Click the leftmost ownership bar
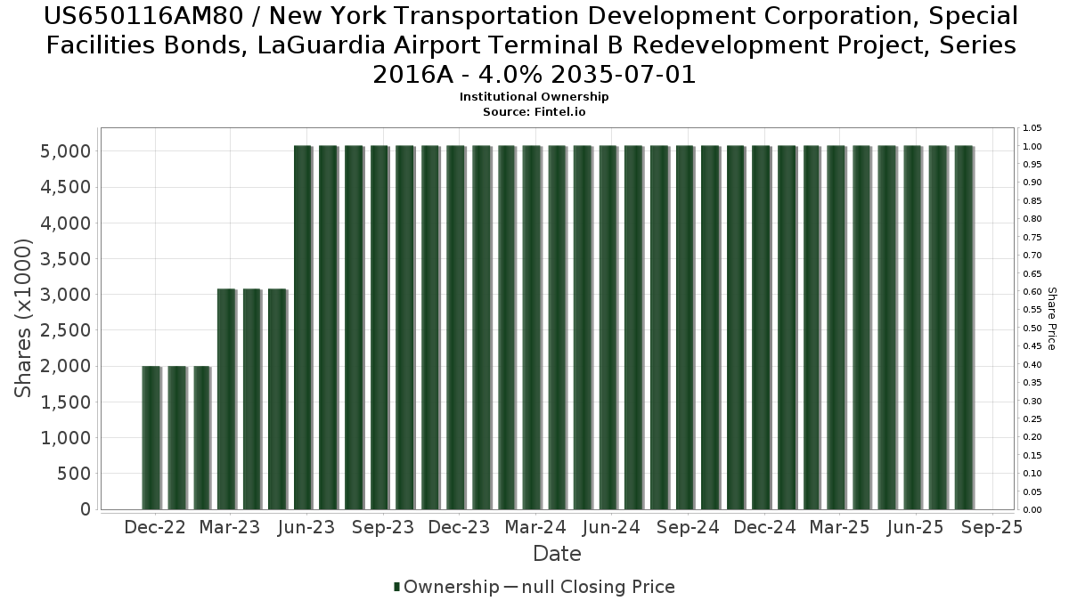[151, 437]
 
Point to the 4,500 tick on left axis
[65, 187]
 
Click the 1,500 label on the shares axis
[65, 402]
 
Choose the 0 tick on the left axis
[86, 509]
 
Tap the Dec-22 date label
[155, 527]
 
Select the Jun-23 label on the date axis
[306, 527]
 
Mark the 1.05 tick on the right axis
[1032, 127]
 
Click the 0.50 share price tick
[1032, 328]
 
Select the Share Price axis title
[1052, 319]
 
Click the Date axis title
[557, 554]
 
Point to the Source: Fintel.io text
[534, 112]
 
